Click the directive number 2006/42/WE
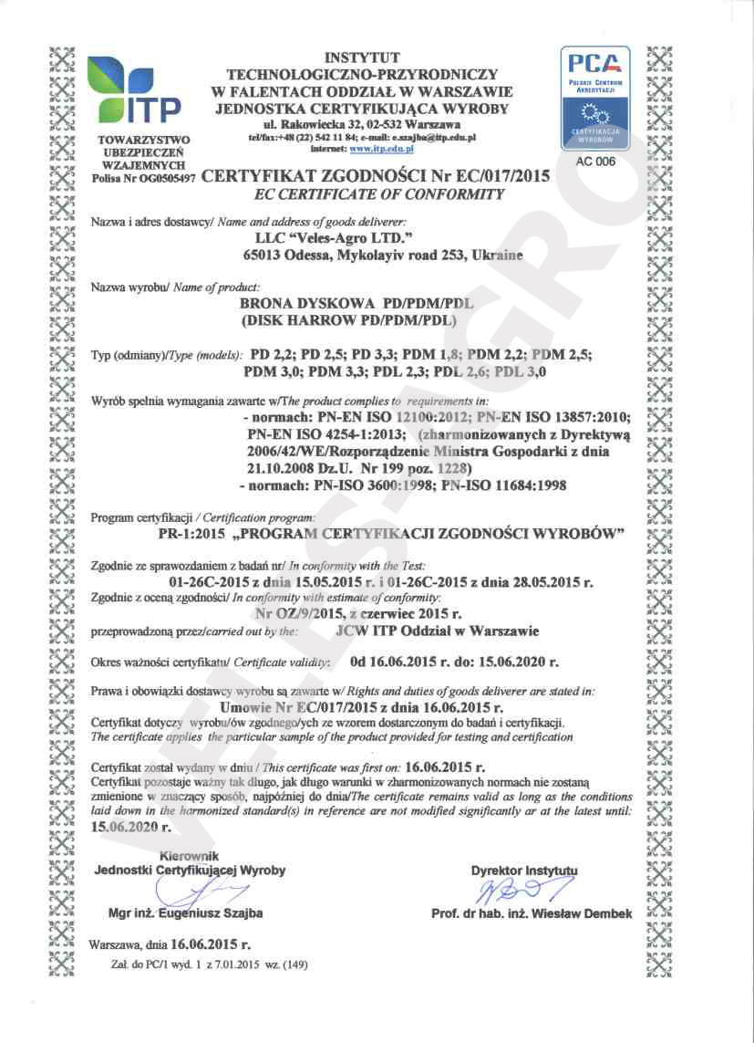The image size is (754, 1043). (293, 451)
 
